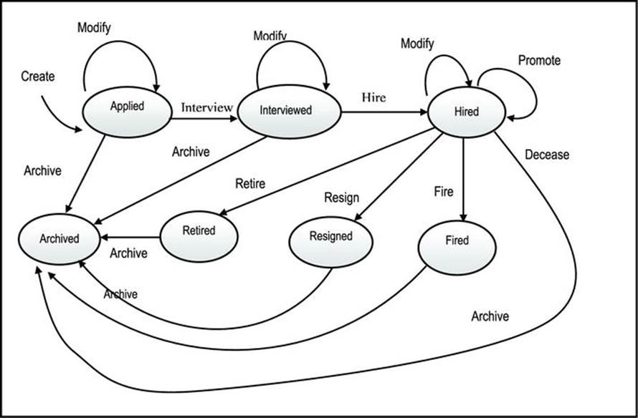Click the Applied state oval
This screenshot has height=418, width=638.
tap(128, 112)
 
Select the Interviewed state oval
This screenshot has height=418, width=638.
tap(290, 112)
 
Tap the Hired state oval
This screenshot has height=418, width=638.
tap(467, 112)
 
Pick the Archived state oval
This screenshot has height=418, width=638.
tap(59, 239)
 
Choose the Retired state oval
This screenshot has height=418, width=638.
tap(199, 236)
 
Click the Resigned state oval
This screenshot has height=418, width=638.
tap(330, 242)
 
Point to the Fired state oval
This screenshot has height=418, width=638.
tap(457, 248)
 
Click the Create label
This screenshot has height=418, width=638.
tap(38, 76)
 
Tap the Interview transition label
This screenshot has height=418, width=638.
tap(207, 107)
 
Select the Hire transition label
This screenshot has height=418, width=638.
tap(374, 97)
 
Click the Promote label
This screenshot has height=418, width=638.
tap(539, 61)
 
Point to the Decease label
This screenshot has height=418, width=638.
tap(547, 155)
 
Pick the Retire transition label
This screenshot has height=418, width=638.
tap(250, 184)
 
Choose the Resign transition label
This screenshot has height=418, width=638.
tap(342, 198)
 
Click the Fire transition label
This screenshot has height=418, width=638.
tap(444, 192)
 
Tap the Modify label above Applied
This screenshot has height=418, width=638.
tap(94, 28)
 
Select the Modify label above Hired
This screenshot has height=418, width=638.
tap(417, 43)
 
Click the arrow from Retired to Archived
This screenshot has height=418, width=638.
tap(130, 237)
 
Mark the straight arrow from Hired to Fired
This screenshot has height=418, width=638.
tap(463, 180)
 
